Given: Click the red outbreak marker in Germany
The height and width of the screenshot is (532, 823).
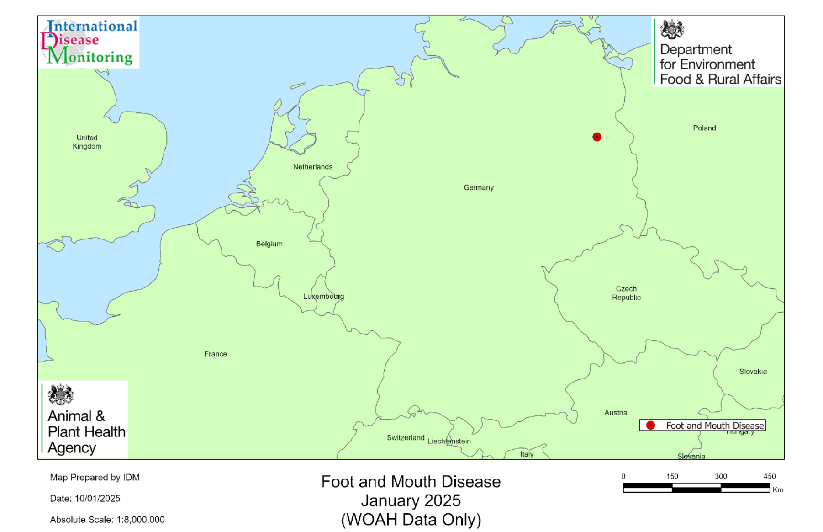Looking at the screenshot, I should point(596,137).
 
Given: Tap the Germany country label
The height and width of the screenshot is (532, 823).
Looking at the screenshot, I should point(478,187).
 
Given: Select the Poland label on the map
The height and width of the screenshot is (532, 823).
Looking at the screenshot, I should point(704,128).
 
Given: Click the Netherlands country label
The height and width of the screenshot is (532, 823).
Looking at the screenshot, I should point(312,167).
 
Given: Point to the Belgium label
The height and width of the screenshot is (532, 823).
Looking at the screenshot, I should point(269,244).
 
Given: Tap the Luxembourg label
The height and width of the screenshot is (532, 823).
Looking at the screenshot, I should point(323,297).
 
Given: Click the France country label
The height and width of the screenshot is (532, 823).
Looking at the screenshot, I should point(216,354).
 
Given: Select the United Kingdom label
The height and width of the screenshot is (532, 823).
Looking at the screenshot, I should point(87,142).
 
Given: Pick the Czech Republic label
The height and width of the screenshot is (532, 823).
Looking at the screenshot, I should point(626,293).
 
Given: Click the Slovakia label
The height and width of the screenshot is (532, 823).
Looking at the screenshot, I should point(753,372).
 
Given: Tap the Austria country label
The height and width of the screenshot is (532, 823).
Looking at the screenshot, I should point(615,413).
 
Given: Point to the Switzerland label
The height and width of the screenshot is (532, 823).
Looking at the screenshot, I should point(405,438).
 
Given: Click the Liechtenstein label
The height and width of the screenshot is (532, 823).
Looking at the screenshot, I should point(449,441).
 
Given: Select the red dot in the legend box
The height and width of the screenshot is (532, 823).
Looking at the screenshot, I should point(650,426).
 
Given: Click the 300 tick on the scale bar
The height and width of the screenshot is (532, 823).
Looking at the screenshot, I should point(721,476).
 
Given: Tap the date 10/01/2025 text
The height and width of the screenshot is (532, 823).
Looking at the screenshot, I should point(97,499).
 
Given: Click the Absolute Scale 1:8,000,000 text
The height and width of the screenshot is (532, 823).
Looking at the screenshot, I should point(107,520).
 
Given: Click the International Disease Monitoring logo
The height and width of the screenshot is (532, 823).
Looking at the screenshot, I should point(89,43).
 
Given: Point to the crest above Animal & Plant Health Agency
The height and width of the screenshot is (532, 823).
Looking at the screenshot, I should point(61,394).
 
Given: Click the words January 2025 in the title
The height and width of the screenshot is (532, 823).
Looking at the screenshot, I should point(411,501).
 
